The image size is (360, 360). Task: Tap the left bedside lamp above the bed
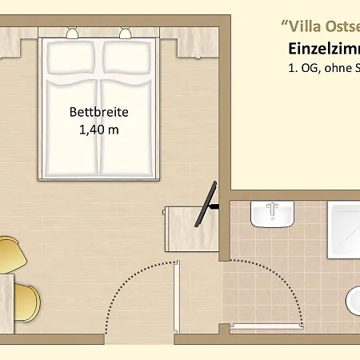[x=73, y=33]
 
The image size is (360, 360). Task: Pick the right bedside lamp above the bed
[x=123, y=33]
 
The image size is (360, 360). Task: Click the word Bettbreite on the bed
[x=99, y=113]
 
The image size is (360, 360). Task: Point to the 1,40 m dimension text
[x=99, y=130]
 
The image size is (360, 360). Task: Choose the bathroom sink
[x=271, y=214]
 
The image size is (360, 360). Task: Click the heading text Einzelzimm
[x=323, y=48]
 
